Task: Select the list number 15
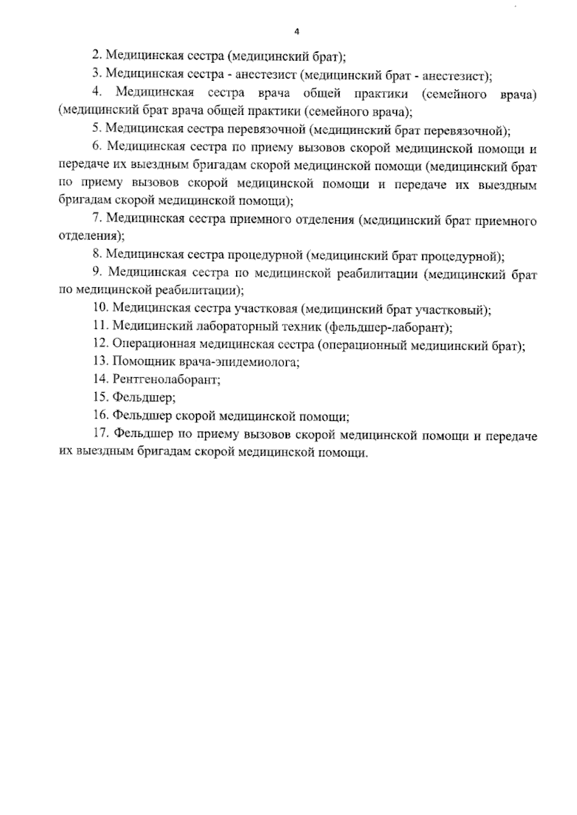point(100,397)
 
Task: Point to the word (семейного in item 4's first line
point(454,93)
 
